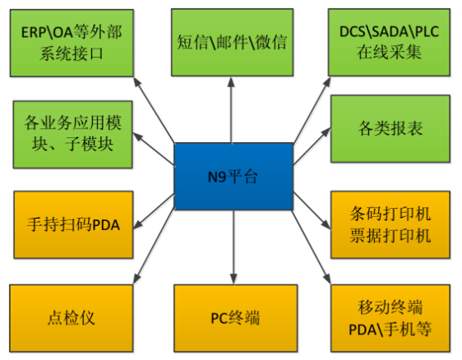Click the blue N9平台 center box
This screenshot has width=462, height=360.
[233, 177]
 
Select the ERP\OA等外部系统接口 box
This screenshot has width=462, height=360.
[72, 43]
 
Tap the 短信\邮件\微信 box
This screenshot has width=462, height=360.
[232, 43]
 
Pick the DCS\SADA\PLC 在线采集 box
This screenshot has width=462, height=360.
[389, 43]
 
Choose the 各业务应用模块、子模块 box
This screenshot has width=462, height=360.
[73, 135]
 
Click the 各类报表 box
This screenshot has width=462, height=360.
[390, 129]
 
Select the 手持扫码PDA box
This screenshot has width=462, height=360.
[74, 224]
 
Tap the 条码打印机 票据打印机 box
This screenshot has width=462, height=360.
[390, 224]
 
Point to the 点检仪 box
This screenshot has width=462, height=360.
[72, 318]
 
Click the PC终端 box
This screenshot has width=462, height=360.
[235, 318]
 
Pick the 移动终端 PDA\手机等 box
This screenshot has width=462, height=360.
[390, 318]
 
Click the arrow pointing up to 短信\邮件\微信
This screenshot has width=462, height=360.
[231, 110]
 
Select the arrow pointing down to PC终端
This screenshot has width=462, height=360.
[233, 247]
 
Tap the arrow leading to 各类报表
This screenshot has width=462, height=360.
[312, 146]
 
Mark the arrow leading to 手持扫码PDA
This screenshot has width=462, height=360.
[154, 211]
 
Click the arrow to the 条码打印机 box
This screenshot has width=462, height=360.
[312, 210]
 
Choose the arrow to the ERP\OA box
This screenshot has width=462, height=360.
[154, 109]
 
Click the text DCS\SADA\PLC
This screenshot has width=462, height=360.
[389, 32]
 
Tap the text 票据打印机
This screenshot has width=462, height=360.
[390, 236]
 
